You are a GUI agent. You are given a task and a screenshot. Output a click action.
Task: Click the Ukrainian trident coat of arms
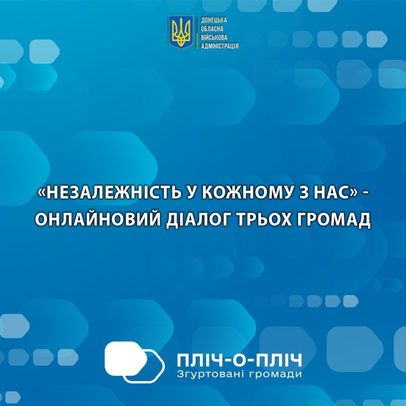(x=181, y=32)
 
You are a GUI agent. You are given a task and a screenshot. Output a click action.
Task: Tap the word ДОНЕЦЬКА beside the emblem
(x=213, y=20)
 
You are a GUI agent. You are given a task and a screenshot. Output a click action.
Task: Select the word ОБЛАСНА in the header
(x=212, y=29)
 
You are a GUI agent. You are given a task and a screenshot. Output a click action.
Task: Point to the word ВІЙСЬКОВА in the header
(x=214, y=37)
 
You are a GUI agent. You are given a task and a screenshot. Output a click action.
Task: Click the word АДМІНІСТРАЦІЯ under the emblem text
(x=219, y=46)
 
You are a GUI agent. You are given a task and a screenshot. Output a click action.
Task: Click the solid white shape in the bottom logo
(x=124, y=358)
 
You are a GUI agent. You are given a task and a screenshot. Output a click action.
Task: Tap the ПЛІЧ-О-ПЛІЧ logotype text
(x=240, y=360)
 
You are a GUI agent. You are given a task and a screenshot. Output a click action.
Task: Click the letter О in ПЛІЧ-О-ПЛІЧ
(x=240, y=360)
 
